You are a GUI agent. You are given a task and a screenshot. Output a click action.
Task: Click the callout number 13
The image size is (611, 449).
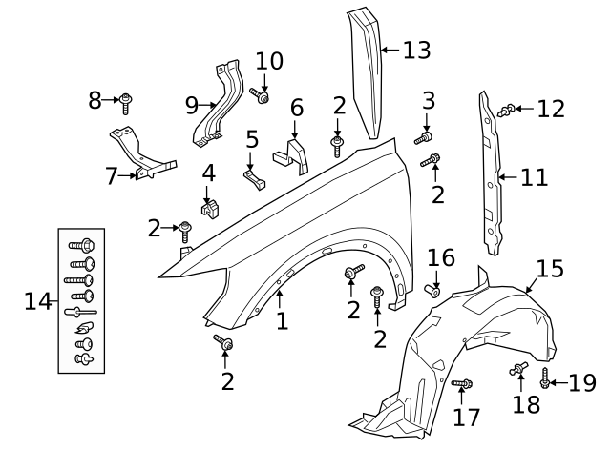pos(416,49)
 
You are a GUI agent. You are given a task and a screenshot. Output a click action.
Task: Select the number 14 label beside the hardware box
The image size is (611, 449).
pos(37,301)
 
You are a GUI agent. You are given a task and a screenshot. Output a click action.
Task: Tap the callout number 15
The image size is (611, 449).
pos(549,269)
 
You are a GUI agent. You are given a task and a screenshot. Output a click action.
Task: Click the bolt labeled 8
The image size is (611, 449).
pos(127,99)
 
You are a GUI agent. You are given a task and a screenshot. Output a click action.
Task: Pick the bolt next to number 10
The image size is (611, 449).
pos(262,95)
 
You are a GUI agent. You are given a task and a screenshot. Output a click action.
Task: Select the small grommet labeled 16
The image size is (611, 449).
pos(432,289)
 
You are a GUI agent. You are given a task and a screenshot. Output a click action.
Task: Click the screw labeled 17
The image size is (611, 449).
pos(459,383)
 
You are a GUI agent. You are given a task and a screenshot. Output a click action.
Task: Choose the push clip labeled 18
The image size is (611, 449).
pos(519,368)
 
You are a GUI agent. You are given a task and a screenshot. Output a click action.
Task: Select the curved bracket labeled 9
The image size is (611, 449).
pos(217,105)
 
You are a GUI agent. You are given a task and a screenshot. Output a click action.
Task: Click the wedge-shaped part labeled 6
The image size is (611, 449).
pos(291,154)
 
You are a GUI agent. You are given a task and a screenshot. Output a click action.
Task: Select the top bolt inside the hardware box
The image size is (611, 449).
pos(80,244)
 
